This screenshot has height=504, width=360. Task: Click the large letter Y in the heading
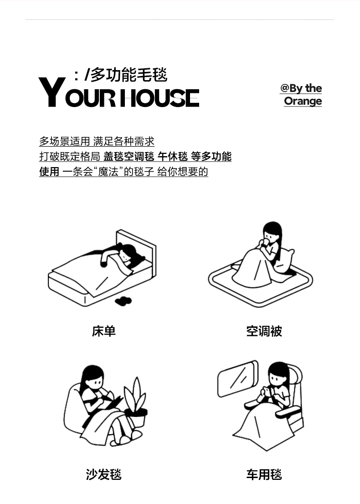52,92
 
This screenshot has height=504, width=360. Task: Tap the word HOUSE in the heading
159,98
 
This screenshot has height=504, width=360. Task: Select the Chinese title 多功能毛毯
129,75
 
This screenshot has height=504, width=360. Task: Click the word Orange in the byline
303,101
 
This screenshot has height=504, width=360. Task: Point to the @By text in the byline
291,88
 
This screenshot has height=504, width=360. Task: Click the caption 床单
103,331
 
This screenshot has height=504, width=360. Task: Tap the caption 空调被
264,331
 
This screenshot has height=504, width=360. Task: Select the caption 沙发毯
103,474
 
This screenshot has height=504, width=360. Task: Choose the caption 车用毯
264,474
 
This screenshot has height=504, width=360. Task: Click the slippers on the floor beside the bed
123,301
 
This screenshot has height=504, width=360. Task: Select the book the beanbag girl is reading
111,402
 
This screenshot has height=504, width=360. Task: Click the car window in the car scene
238,379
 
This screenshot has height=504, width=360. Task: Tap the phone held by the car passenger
267,391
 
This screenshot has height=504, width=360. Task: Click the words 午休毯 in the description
172,157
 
